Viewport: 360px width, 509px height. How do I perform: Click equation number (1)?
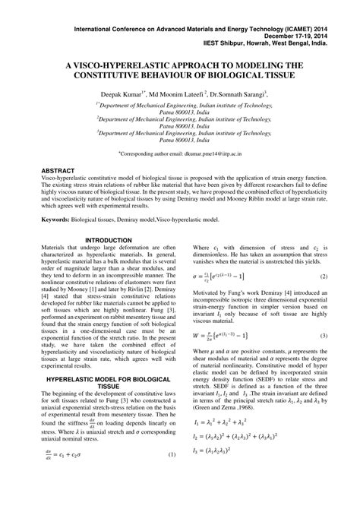(x=172, y=498)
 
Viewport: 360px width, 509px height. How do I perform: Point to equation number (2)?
(x=323, y=277)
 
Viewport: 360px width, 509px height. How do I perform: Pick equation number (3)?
(x=323, y=336)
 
